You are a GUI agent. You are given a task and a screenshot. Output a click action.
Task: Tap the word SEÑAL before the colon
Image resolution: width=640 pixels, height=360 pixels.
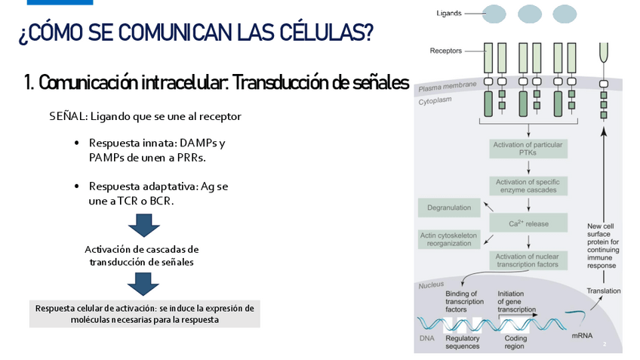click(x=66, y=117)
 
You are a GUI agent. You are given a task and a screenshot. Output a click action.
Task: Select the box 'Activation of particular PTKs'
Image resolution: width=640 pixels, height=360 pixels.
click(x=528, y=149)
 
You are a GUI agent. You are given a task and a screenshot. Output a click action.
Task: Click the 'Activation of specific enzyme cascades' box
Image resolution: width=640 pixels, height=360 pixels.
click(x=528, y=186)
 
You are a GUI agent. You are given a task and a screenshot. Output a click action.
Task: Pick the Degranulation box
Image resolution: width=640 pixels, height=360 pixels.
click(x=449, y=208)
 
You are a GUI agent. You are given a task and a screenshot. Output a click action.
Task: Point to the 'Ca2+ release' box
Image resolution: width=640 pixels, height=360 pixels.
click(x=528, y=223)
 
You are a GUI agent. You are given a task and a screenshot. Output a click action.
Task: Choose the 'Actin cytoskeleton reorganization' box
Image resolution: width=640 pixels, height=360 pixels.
click(x=449, y=239)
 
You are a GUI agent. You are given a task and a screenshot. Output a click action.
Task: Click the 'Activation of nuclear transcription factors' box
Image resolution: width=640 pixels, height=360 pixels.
click(x=528, y=260)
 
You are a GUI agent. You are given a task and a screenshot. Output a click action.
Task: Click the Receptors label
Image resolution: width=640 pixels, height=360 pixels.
click(x=446, y=51)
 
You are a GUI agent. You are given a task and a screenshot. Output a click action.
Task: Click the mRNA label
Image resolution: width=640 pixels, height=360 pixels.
click(x=582, y=334)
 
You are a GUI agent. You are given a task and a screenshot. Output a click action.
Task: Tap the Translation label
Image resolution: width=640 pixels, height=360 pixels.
click(x=603, y=291)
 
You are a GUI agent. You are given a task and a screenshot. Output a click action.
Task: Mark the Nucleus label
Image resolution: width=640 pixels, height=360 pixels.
click(x=432, y=285)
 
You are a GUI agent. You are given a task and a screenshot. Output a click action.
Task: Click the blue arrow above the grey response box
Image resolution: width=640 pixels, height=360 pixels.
click(x=143, y=283)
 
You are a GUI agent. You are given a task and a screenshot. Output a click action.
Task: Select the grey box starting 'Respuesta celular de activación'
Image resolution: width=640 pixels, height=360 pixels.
click(x=145, y=314)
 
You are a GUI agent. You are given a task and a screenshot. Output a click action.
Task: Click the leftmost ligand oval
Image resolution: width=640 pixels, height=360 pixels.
click(x=494, y=14)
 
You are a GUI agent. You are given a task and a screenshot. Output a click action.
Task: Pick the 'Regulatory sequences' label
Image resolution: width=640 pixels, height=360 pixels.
click(x=462, y=343)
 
